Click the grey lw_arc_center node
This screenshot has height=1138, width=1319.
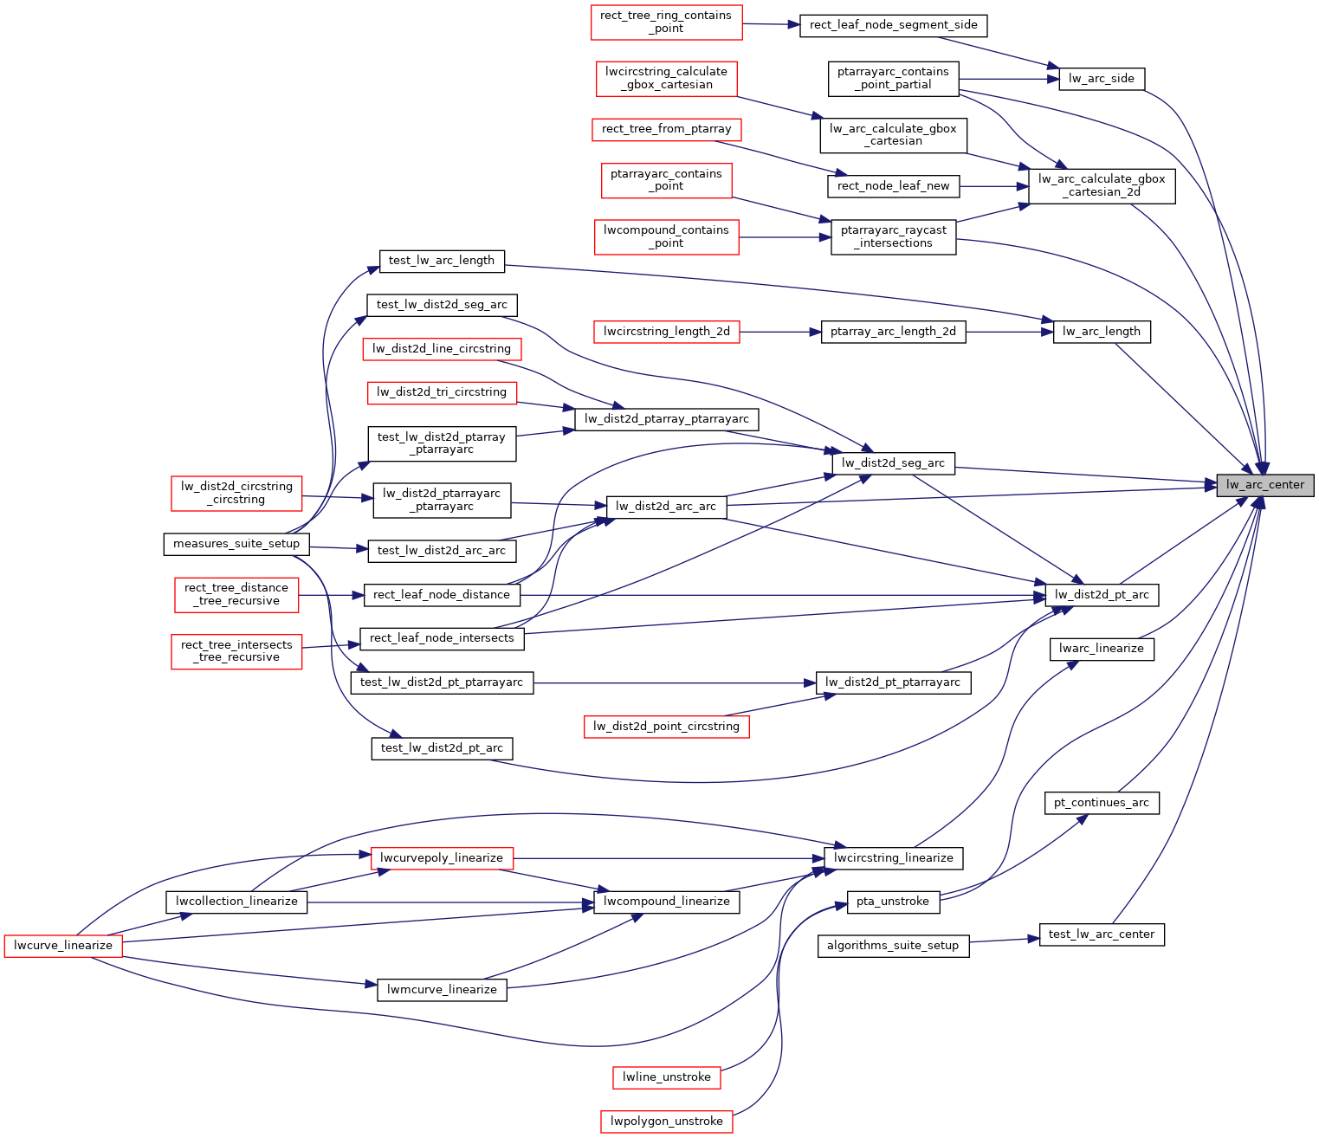click(1264, 485)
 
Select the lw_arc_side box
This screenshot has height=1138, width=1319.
click(1101, 79)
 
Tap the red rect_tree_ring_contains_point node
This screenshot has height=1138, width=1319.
click(666, 23)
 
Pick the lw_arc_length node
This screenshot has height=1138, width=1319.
click(1101, 332)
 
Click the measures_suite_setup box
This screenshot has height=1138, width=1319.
click(236, 544)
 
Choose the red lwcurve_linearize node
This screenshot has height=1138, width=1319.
click(63, 946)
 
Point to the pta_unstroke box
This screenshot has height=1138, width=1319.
click(892, 902)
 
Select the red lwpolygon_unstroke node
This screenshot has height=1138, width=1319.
click(666, 1122)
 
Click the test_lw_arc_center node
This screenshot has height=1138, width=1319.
click(1101, 934)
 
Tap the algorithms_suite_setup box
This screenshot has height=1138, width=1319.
click(892, 946)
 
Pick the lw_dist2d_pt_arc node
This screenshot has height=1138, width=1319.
click(1101, 595)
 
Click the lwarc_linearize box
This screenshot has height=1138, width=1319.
click(1101, 649)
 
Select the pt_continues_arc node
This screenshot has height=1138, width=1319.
click(1101, 803)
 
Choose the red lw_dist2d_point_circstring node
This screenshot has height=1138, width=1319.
click(666, 727)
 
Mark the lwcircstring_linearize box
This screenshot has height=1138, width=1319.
click(893, 858)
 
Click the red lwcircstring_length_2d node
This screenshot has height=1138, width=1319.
click(666, 332)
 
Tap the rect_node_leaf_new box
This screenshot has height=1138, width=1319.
click(893, 186)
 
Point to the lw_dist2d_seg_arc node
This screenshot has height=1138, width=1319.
click(893, 463)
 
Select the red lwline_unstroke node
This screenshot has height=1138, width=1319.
click(666, 1077)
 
